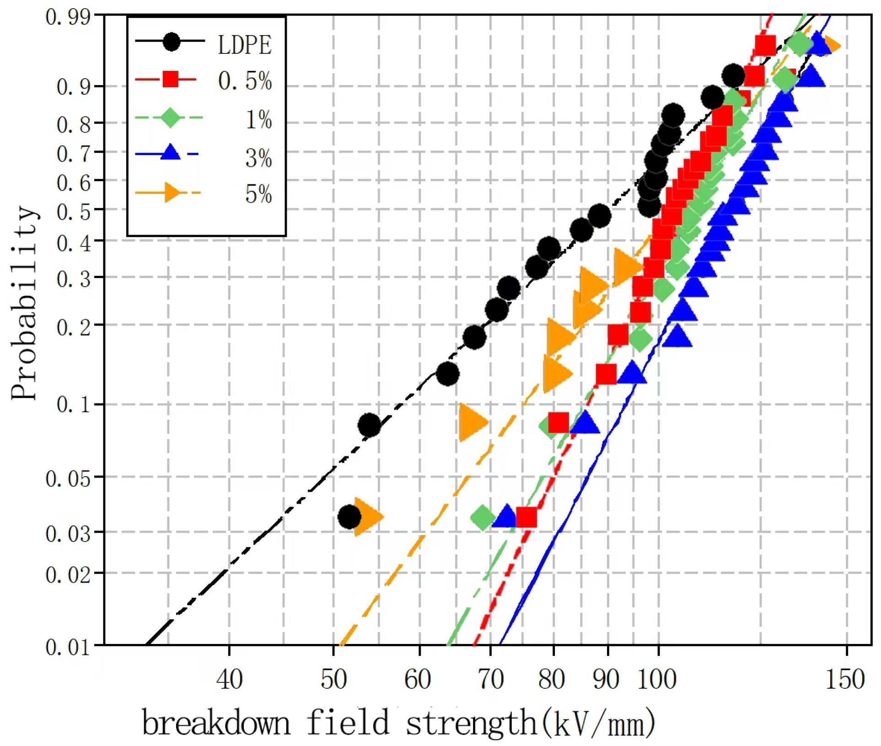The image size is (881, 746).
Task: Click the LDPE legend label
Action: (244, 45)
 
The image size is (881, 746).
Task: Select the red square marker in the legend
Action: (171, 79)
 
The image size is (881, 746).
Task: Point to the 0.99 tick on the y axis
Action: (68, 17)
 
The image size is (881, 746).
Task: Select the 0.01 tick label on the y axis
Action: (68, 647)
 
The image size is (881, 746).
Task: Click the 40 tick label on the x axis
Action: (229, 679)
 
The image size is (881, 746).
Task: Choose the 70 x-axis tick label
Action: (490, 679)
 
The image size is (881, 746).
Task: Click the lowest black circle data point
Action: (349, 517)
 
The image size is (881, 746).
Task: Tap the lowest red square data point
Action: (526, 517)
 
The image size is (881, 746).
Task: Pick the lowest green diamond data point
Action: (483, 518)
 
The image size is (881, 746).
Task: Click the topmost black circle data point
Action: (733, 76)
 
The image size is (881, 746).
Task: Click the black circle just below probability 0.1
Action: (369, 425)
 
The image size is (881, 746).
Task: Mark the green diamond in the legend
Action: (171, 118)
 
